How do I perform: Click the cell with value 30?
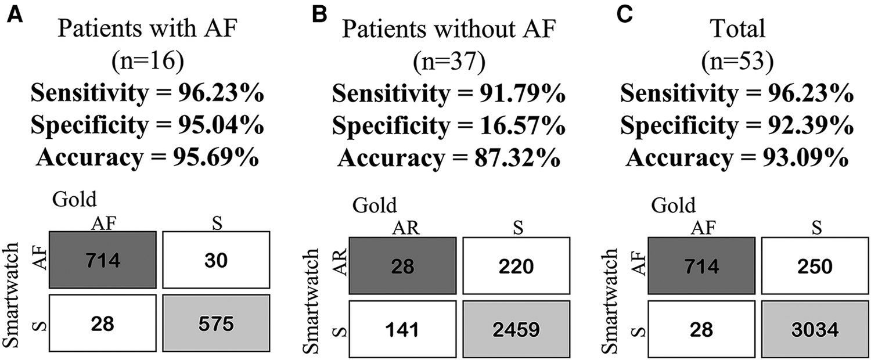(x=217, y=261)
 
